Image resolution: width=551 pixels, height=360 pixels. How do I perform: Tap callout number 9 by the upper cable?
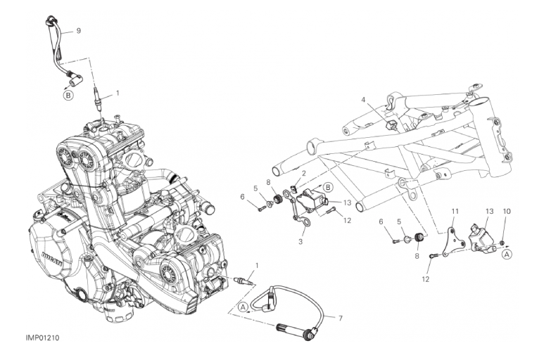coord(79,31)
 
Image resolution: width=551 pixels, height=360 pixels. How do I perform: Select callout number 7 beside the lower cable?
coord(340,318)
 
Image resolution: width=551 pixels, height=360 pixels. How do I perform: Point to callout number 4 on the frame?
coord(365,100)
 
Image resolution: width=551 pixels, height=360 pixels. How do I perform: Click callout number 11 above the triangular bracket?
coord(454,211)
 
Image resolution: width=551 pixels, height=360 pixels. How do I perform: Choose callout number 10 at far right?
coord(507,211)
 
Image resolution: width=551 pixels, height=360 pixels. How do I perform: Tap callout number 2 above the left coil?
coord(303,173)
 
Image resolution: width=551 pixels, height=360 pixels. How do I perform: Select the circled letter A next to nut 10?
coord(506,255)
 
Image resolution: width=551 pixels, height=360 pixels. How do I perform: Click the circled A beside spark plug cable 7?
coord(243,307)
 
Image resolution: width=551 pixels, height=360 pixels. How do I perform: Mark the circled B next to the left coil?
coord(328,186)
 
